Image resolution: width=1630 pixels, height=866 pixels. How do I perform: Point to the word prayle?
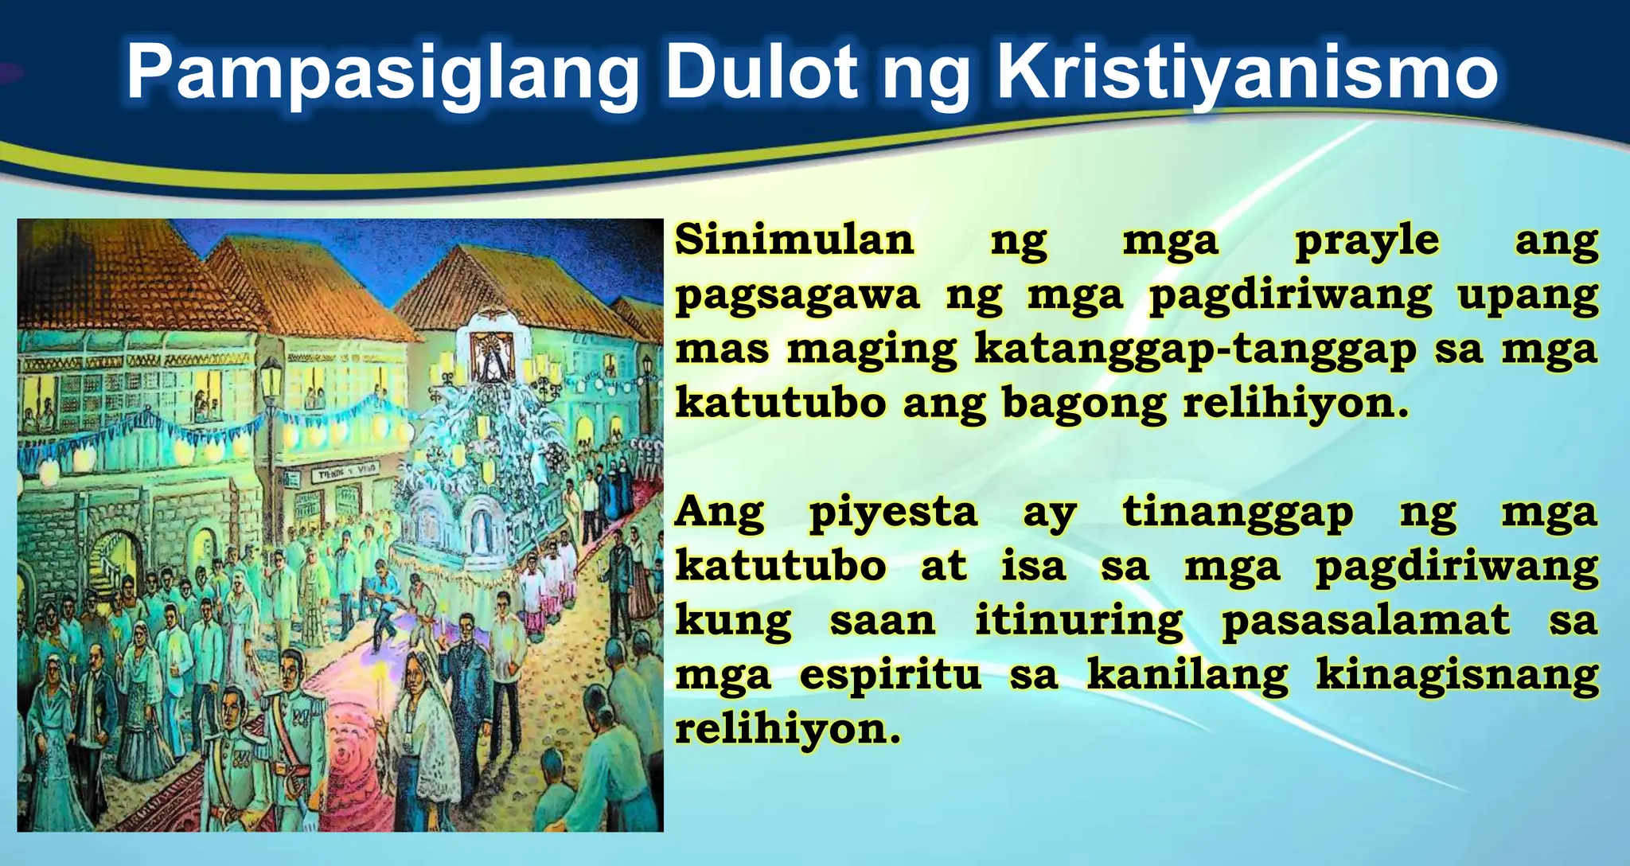[1367, 240]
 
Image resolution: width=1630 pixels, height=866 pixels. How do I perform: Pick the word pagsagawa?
[797, 296]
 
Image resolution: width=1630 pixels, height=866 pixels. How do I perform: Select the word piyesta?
[893, 513]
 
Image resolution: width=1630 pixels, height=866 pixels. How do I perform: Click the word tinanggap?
[1238, 513]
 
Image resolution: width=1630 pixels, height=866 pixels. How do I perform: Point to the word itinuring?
[1079, 621]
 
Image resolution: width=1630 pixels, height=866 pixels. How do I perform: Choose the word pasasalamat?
[1366, 621]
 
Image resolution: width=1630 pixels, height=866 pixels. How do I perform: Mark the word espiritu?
[890, 675]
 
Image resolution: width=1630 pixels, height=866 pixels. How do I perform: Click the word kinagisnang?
[1456, 675]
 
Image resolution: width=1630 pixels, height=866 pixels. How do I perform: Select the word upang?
[1527, 296]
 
